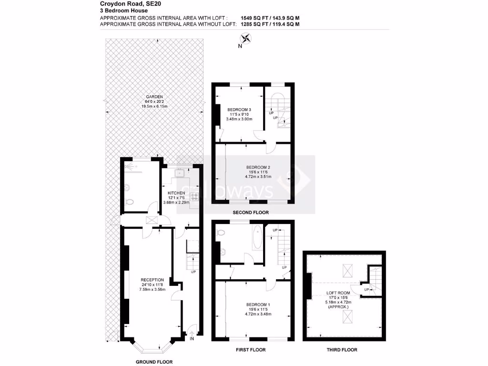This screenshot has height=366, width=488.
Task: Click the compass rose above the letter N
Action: [246, 39]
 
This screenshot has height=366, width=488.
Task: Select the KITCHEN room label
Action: [176, 193]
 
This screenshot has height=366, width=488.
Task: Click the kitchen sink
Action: [181, 173]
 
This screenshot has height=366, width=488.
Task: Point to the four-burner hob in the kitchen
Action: [194, 196]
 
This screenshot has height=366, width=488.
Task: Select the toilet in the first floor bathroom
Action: [220, 234]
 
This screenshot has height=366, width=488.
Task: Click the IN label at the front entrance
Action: [192, 339]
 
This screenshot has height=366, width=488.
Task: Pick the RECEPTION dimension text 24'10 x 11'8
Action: [152, 285]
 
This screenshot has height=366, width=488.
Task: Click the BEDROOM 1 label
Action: [258, 305]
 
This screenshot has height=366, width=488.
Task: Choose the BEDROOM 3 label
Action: [239, 110]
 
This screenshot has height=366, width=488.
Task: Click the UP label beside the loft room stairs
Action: [366, 289]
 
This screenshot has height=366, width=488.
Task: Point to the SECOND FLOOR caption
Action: [250, 212]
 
